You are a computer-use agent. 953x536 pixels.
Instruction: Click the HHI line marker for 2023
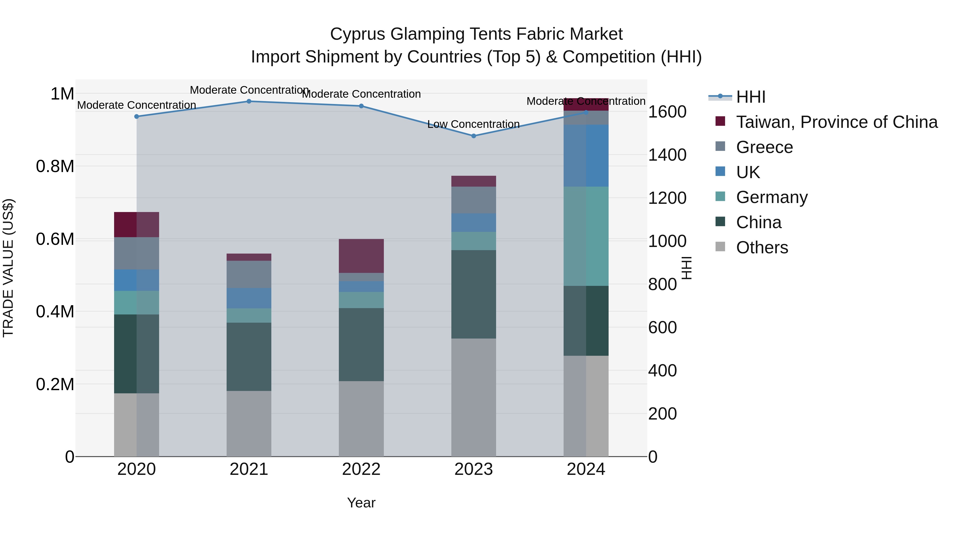(x=474, y=136)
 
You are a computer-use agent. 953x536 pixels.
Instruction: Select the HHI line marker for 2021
(x=249, y=101)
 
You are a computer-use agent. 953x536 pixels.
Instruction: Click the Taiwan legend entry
(x=837, y=122)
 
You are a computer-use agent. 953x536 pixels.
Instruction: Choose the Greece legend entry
(x=764, y=147)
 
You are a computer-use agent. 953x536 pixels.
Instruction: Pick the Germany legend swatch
(x=720, y=196)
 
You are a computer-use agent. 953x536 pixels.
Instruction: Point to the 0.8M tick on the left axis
(x=55, y=166)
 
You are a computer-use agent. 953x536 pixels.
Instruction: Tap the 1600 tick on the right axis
(x=667, y=112)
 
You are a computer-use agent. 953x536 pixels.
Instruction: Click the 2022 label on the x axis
(x=361, y=469)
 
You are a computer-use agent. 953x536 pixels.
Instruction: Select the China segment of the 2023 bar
(x=474, y=294)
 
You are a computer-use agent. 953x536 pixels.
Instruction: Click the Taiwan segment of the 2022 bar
(x=361, y=256)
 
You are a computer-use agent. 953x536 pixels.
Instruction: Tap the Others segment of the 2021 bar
(x=249, y=424)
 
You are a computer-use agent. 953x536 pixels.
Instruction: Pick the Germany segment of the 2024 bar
(x=586, y=236)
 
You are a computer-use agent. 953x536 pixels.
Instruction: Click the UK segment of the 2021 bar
(x=249, y=298)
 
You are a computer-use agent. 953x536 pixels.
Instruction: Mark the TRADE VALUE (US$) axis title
(x=8, y=268)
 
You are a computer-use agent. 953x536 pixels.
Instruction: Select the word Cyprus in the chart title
(x=357, y=34)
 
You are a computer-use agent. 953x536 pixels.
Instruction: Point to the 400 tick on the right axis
(x=662, y=371)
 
